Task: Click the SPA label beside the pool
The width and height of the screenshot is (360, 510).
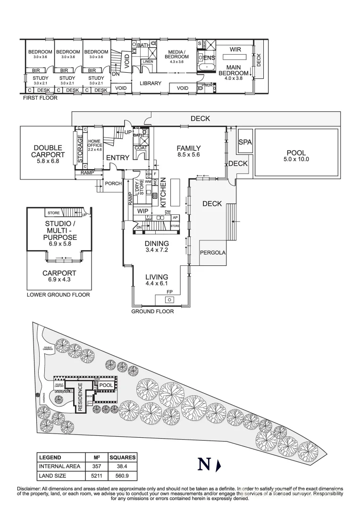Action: pyautogui.click(x=244, y=142)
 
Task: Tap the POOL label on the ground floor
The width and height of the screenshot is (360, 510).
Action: pyautogui.click(x=296, y=153)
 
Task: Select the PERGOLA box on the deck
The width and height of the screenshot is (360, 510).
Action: pyautogui.click(x=213, y=253)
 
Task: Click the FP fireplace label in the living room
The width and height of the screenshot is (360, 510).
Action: pyautogui.click(x=169, y=293)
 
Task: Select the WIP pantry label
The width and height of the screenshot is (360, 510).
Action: pyautogui.click(x=142, y=212)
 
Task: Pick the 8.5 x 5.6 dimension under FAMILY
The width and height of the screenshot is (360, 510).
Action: pyautogui.click(x=189, y=154)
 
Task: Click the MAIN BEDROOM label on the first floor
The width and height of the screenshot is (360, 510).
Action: pyautogui.click(x=234, y=70)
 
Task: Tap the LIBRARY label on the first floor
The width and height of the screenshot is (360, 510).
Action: pyautogui.click(x=151, y=84)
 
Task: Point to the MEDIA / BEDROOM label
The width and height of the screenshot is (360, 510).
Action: pyautogui.click(x=176, y=54)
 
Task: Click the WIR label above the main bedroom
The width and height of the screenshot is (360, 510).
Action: pyautogui.click(x=235, y=49)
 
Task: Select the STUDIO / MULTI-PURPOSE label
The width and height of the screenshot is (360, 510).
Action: pyautogui.click(x=61, y=230)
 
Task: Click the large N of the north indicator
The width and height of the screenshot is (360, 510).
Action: pyautogui.click(x=204, y=465)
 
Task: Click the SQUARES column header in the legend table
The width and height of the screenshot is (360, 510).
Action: pyautogui.click(x=122, y=457)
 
